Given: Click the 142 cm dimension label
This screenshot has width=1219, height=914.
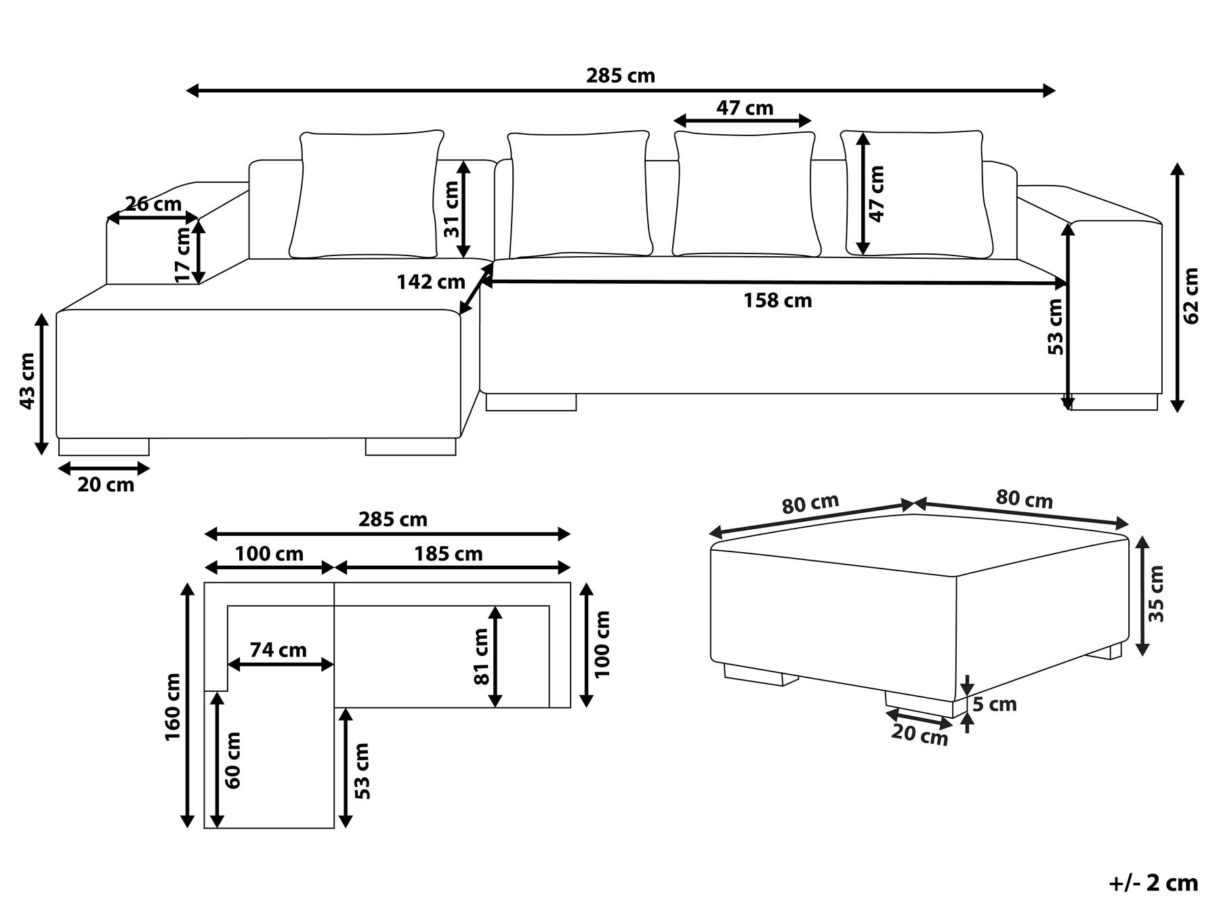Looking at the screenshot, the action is pos(431,281).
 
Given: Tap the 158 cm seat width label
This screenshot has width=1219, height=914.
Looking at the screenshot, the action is pos(777,300).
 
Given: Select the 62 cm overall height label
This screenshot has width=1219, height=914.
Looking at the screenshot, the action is pos(1191,295).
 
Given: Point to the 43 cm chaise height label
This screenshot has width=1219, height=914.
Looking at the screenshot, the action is pos(26,381).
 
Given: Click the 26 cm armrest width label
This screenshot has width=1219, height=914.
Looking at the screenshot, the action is pos(153,203).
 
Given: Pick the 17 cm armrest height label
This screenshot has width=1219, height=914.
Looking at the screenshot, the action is pos(183,255).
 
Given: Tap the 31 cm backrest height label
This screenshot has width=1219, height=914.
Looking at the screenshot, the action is pos(452,209).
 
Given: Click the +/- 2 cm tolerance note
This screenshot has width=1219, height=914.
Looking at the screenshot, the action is pos(1154,883).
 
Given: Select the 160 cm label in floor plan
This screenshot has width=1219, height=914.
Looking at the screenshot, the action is pos(173,707).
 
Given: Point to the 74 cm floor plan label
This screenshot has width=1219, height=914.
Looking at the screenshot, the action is pos(278,650).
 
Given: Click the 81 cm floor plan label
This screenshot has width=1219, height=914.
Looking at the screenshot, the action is pos(481,657).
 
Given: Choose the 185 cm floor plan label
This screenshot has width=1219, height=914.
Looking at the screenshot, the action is pos(449,554).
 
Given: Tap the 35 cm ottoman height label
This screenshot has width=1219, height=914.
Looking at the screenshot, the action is pos(1157,594).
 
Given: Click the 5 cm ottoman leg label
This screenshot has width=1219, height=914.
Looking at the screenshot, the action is pos(995,705).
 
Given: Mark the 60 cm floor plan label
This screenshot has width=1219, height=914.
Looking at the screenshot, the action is pos(233,760).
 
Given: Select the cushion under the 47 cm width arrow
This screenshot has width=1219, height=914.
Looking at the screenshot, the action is pos(744,194).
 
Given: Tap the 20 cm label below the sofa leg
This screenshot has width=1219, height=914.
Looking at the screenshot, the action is pos(106,484).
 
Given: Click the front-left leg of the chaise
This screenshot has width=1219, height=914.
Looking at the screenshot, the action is pos(104,447).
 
